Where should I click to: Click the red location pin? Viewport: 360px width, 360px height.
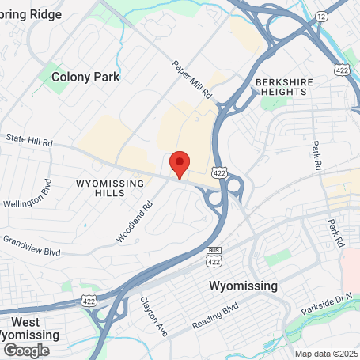(x=180, y=164)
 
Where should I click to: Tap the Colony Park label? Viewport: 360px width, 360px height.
(x=85, y=77)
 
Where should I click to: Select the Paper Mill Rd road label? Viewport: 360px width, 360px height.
(x=192, y=79)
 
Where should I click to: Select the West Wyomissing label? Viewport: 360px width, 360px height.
(x=29, y=328)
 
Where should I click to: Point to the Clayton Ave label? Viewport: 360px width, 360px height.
(x=155, y=316)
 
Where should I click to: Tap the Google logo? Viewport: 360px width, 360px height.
(x=26, y=350)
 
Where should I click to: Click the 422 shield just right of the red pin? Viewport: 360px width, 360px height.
(x=219, y=172)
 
